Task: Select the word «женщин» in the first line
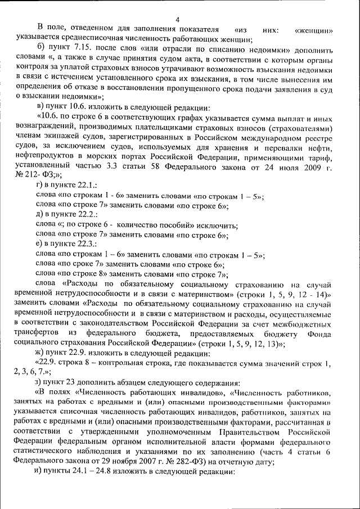[x=316, y=30]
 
